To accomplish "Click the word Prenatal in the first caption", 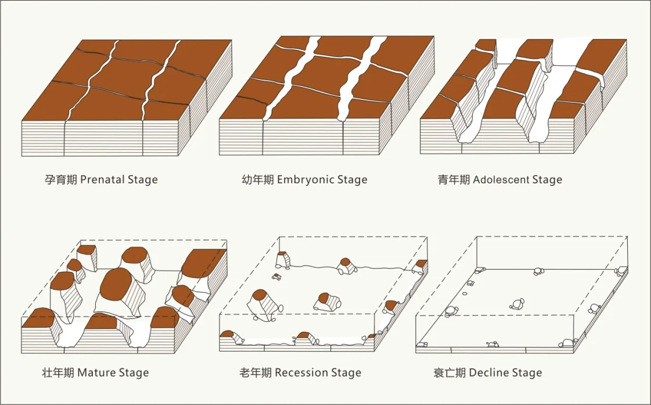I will [102, 180].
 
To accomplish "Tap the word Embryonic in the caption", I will [304, 180].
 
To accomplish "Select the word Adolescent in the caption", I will [501, 180].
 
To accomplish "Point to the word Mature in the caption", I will [96, 372].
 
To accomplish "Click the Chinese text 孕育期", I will [61, 180].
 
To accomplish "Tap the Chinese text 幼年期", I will [258, 180].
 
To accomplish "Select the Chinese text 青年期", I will [454, 180].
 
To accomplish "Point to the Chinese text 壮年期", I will [58, 372].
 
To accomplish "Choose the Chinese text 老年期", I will [256, 372].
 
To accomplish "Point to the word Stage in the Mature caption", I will [133, 372].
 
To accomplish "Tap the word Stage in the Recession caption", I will [346, 372].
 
